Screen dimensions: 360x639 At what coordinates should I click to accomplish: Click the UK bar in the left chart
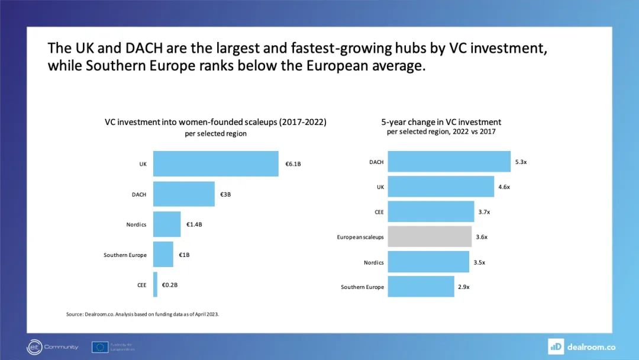(215, 164)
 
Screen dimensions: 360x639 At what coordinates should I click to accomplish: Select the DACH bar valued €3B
(183, 194)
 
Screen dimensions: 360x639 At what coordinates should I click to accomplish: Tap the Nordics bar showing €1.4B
(167, 224)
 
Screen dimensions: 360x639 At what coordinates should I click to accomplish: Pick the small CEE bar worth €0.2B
(155, 285)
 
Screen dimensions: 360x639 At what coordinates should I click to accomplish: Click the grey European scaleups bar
(430, 237)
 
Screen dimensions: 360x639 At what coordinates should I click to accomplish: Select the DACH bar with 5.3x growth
(449, 162)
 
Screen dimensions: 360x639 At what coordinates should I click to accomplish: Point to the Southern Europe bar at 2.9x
(421, 287)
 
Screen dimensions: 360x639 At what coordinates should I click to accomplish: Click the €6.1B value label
(293, 164)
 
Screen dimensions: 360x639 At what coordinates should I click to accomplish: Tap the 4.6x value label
(504, 187)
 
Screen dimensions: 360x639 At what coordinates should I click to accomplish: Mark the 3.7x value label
(484, 212)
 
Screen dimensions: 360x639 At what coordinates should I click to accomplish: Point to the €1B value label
(184, 255)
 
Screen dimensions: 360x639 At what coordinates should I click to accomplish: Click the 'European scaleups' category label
(360, 237)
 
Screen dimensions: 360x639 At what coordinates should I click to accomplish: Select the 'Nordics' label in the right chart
(373, 262)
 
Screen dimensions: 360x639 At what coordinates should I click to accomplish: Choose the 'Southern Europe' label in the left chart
(125, 255)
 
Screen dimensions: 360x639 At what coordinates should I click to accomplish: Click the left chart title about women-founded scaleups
(215, 122)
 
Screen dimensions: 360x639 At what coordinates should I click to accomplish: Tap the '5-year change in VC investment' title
(441, 122)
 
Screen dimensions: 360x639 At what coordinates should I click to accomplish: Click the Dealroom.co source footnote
(143, 314)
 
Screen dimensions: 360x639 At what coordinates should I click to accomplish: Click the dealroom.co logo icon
(556, 346)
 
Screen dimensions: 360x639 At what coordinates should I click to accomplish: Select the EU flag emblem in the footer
(99, 347)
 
